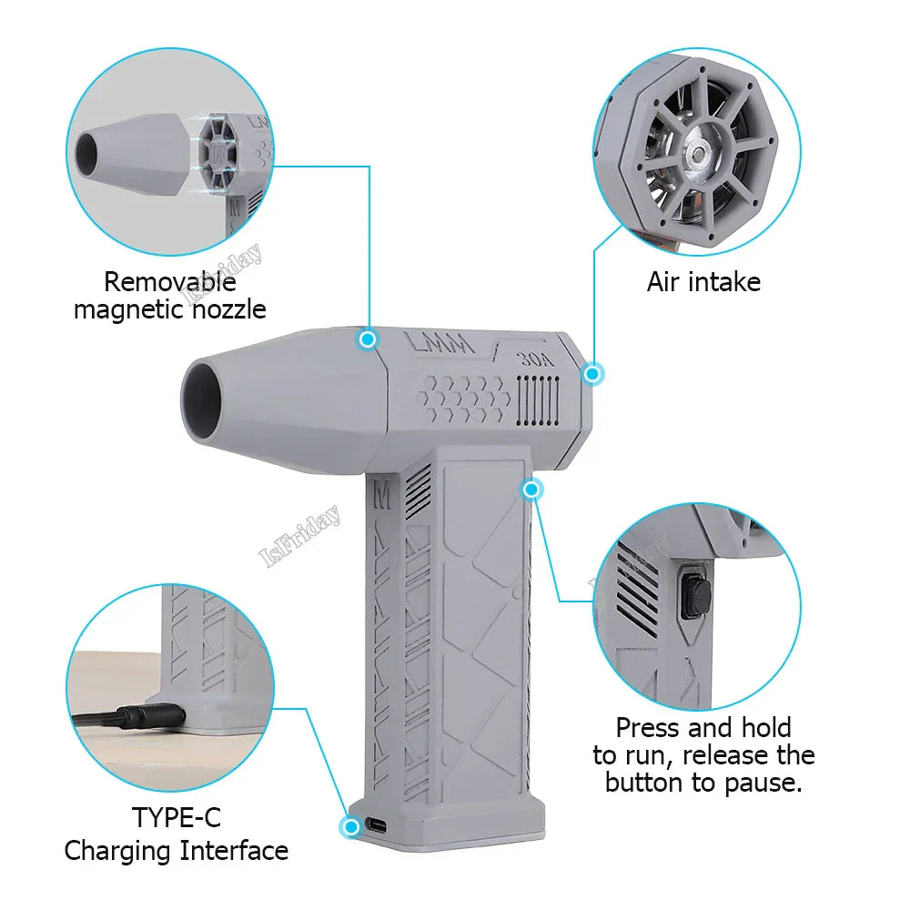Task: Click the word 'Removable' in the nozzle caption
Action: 170,282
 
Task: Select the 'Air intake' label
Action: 703,282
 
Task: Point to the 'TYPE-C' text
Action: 177,816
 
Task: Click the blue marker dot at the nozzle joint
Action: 368,339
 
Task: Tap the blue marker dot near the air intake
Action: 593,373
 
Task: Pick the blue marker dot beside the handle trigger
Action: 532,490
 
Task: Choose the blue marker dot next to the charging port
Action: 349,827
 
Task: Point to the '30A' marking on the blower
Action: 535,359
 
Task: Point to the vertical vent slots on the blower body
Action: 536,399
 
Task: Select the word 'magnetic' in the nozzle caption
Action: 125,309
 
